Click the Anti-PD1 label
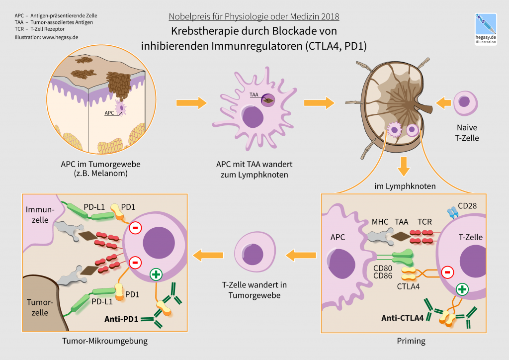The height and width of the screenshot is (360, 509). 122,318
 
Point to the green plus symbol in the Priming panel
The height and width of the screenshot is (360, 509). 462,289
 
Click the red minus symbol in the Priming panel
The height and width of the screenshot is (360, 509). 447,272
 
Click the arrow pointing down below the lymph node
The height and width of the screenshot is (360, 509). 405,166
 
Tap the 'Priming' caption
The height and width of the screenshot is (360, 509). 411,341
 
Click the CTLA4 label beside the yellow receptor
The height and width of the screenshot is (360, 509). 409,286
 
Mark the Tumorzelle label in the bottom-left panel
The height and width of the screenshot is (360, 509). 37,307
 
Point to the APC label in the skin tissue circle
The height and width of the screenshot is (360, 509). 109,113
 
